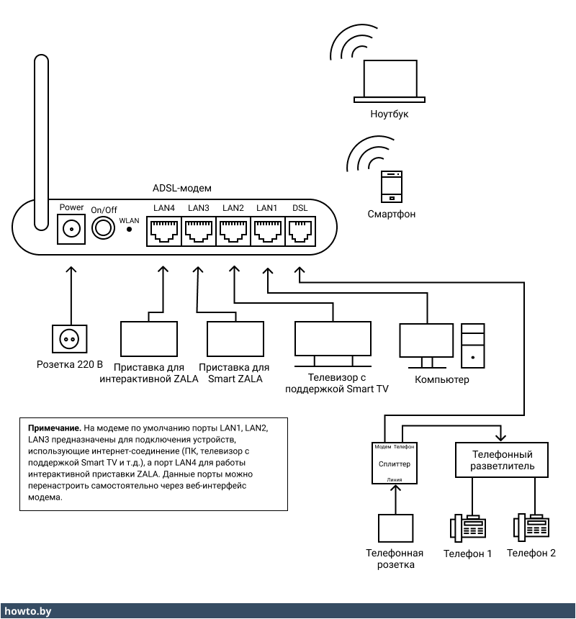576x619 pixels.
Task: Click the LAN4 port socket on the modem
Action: pyautogui.click(x=163, y=232)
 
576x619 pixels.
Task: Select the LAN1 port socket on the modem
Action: pyautogui.click(x=267, y=232)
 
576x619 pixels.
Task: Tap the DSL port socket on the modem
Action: pyautogui.click(x=300, y=232)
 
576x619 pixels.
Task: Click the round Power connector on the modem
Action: pyautogui.click(x=71, y=230)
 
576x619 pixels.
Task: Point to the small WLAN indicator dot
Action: pyautogui.click(x=130, y=230)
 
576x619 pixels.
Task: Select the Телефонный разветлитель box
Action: pyautogui.click(x=502, y=460)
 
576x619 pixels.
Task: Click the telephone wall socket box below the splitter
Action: pyautogui.click(x=396, y=528)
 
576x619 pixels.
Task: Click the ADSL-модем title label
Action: pyautogui.click(x=182, y=188)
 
